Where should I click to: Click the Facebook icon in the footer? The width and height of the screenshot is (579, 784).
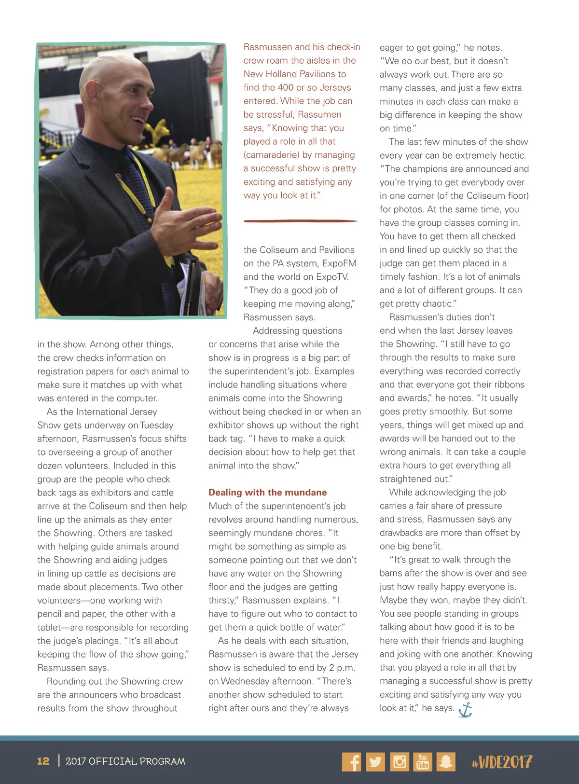[351, 762]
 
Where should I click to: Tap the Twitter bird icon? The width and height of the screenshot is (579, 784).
[375, 762]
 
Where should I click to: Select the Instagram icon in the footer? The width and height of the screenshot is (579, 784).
[400, 762]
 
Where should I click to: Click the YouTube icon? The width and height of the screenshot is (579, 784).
[423, 762]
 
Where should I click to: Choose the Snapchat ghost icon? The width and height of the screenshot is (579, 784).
[446, 762]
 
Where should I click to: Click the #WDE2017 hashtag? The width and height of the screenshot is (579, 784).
[502, 762]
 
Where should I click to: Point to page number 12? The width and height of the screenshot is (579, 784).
[43, 761]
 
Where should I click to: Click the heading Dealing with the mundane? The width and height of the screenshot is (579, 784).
[267, 492]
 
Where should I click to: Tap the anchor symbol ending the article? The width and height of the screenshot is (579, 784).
[465, 709]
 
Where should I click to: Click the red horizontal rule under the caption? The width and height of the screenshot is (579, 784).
[300, 221]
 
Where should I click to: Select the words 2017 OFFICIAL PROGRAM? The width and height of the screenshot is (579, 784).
[125, 761]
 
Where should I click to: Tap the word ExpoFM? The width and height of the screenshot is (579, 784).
[339, 263]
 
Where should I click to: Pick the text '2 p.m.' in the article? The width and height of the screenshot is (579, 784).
[342, 668]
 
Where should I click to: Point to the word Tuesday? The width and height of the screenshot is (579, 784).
[157, 425]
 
